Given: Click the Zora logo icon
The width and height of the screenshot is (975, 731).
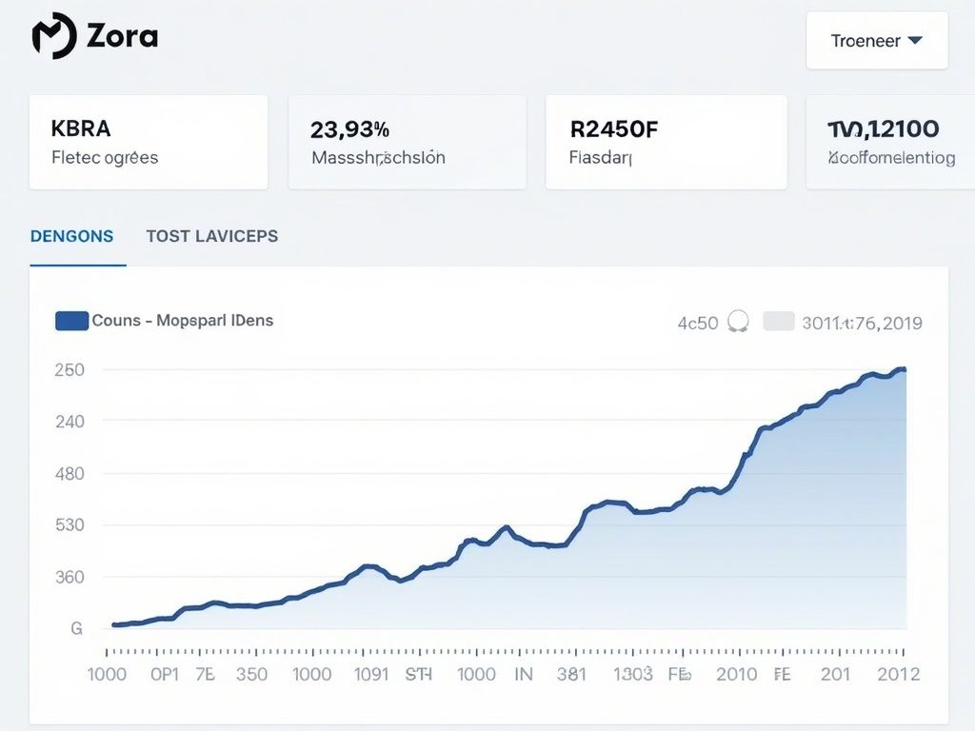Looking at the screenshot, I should (53, 36).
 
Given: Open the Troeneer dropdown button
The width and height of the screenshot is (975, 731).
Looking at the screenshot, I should (877, 40).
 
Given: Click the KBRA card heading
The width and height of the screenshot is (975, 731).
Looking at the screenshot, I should (81, 128).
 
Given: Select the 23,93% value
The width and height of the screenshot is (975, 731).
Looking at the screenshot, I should (349, 128).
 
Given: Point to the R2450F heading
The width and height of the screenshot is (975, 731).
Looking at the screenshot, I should (614, 128).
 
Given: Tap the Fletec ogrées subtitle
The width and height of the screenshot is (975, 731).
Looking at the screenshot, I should (105, 157).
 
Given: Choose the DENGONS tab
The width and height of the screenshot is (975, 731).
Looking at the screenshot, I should (71, 236).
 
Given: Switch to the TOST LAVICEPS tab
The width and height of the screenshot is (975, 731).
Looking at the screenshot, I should (212, 236).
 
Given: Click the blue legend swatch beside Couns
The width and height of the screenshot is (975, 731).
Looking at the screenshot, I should (71, 321).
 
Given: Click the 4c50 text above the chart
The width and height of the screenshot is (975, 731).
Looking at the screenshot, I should (697, 323).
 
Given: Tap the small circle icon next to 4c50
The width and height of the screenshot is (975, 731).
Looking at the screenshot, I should (738, 322).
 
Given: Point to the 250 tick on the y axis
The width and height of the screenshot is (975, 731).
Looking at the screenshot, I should (70, 369).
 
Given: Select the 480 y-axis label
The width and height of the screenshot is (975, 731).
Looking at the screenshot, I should (70, 473).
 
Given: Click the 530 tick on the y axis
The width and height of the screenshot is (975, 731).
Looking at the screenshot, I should (70, 524).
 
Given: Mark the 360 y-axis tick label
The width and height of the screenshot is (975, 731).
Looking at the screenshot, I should (70, 577).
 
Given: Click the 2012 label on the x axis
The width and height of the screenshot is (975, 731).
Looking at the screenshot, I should (898, 674).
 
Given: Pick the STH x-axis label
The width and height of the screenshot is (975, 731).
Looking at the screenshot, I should (419, 674).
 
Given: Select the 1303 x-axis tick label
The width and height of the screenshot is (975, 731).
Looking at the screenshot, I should (632, 674).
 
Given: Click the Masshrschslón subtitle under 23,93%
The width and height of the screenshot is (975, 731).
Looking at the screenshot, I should (378, 157).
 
